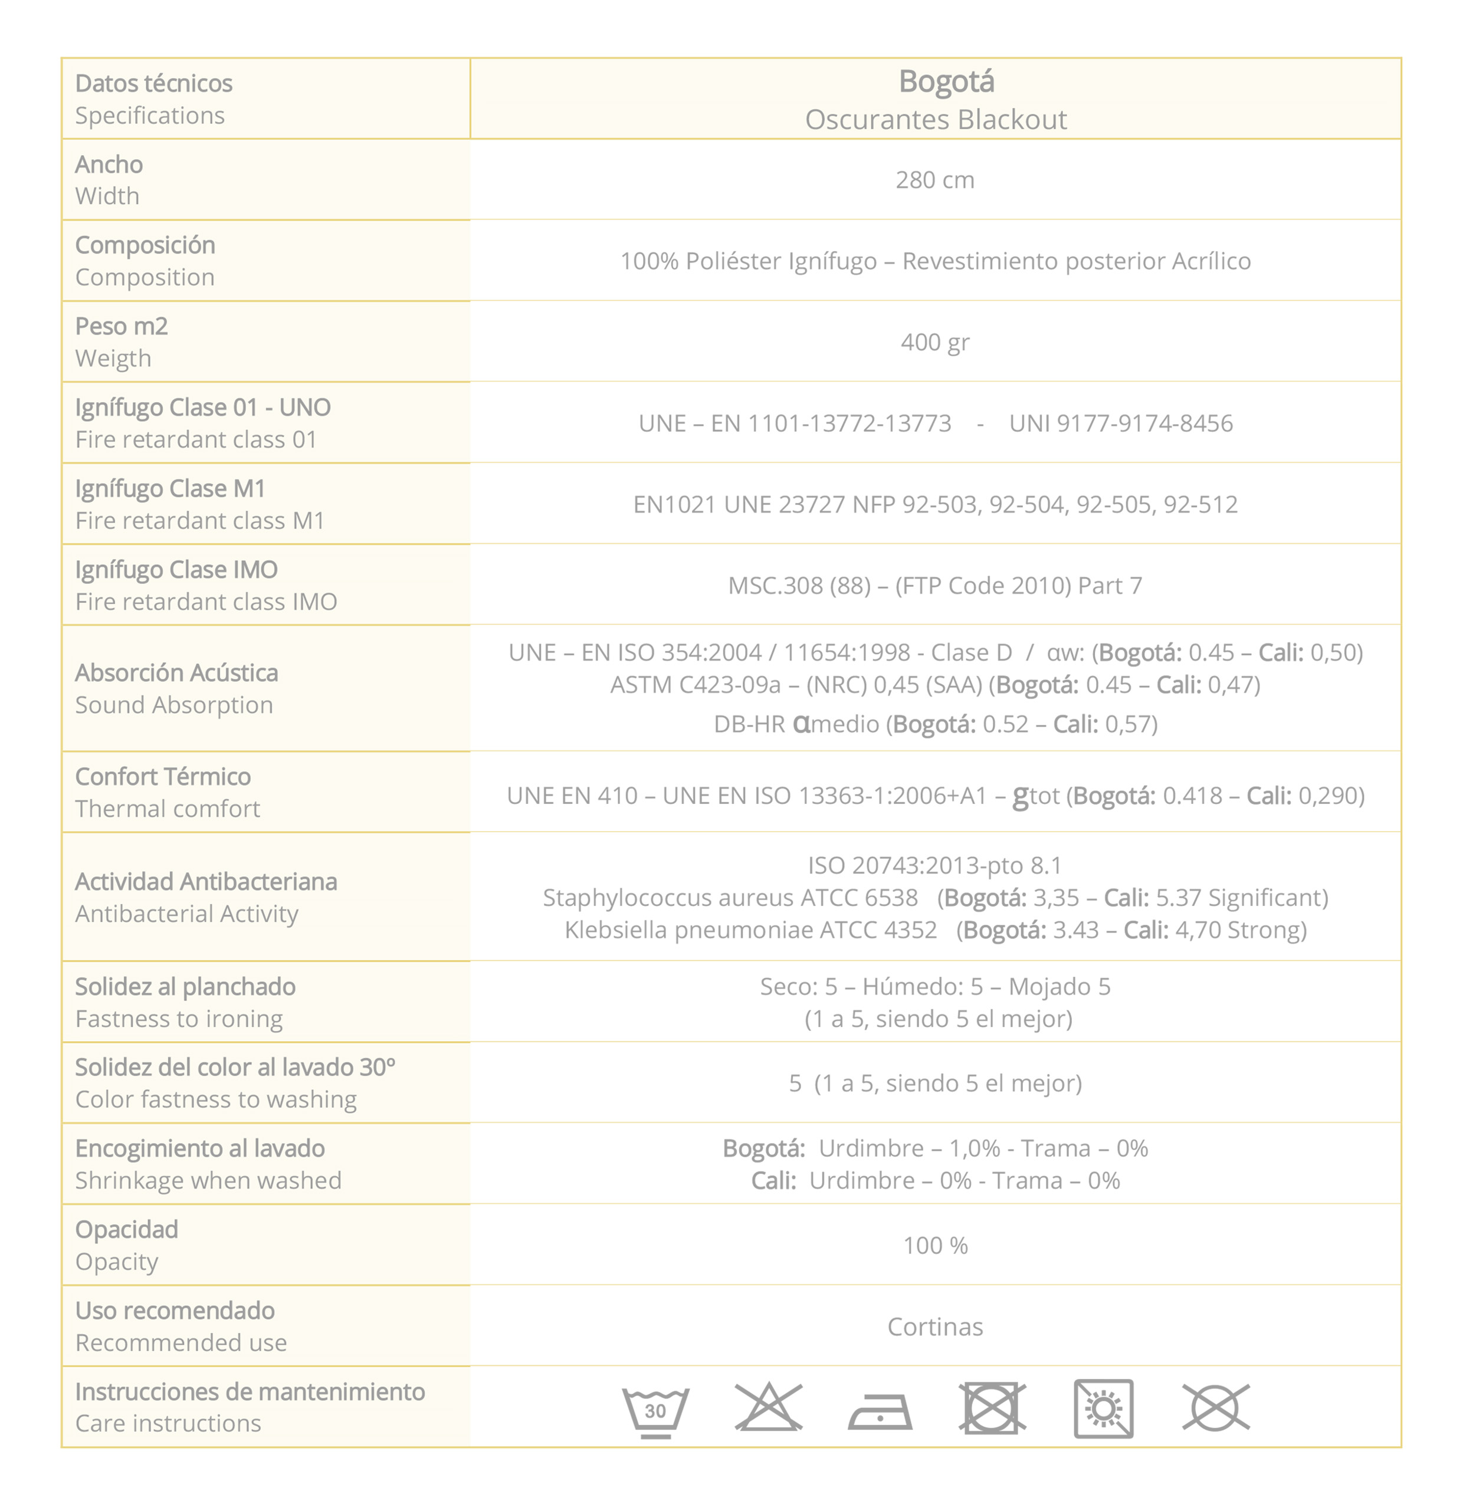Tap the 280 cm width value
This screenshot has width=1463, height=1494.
(934, 180)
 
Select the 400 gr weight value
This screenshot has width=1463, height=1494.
(934, 342)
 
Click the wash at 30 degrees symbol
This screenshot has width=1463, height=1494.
(655, 1410)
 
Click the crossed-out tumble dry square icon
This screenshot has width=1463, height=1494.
(992, 1408)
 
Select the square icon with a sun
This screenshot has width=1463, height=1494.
(1103, 1408)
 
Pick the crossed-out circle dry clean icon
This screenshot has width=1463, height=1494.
(1216, 1408)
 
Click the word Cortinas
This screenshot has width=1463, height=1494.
(934, 1326)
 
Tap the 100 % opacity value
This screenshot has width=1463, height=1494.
(934, 1245)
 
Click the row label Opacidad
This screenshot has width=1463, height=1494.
(127, 1229)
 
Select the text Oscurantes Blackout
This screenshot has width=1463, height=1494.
(935, 120)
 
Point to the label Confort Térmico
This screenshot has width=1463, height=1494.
(163, 777)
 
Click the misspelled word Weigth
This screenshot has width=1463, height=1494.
(113, 359)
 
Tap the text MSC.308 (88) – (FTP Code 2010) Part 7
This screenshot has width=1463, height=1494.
(934, 586)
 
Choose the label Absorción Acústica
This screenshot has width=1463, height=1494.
(177, 673)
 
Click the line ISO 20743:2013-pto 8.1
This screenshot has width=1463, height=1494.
(934, 866)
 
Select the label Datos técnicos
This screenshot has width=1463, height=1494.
(154, 83)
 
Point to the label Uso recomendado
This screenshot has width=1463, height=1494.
(175, 1311)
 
